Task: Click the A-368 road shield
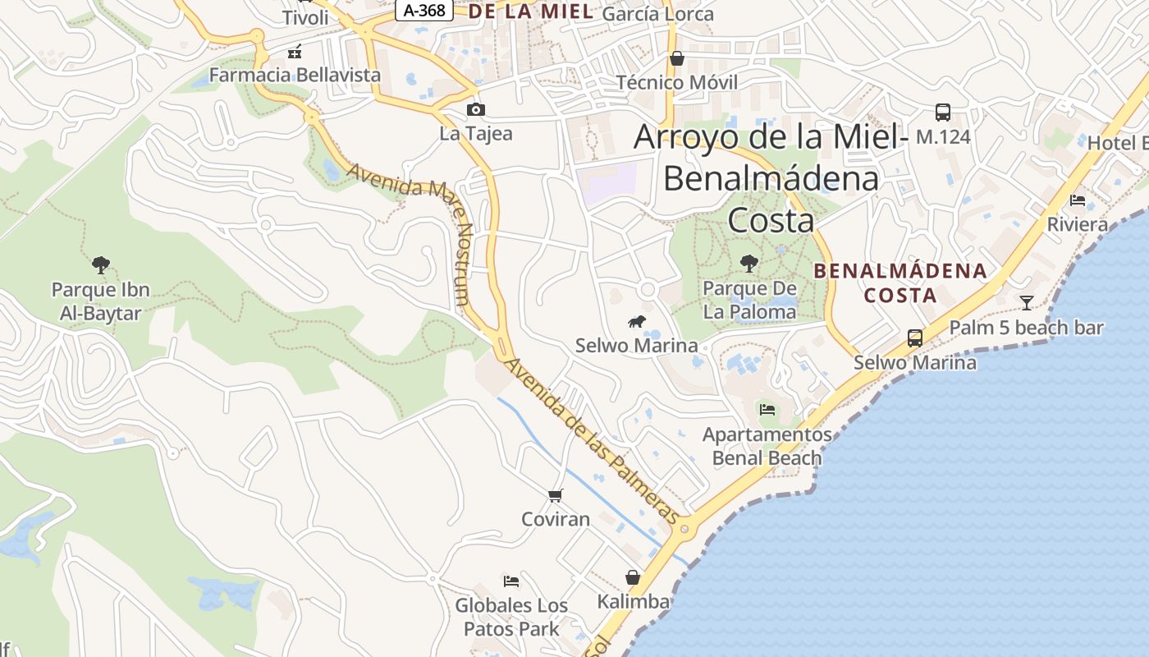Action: point(424,10)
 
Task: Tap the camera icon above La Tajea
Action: point(475,110)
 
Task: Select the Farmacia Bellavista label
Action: point(295,75)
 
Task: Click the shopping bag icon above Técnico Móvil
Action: point(677,58)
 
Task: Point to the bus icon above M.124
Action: point(943,113)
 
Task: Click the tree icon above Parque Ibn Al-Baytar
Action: point(101,265)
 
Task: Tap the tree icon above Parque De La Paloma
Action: point(749,264)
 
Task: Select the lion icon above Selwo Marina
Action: point(637,321)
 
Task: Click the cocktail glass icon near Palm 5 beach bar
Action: point(1026,303)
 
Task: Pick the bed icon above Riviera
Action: point(1078,200)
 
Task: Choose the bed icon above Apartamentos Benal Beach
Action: point(767,409)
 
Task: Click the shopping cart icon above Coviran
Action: point(556,495)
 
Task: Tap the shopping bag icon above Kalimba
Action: point(633,577)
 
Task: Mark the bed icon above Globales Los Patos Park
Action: point(511,581)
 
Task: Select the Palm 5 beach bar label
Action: point(1027,328)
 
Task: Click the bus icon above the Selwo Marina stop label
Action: point(915,338)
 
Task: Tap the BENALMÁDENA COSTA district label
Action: point(900,283)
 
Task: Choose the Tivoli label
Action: point(304,17)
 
